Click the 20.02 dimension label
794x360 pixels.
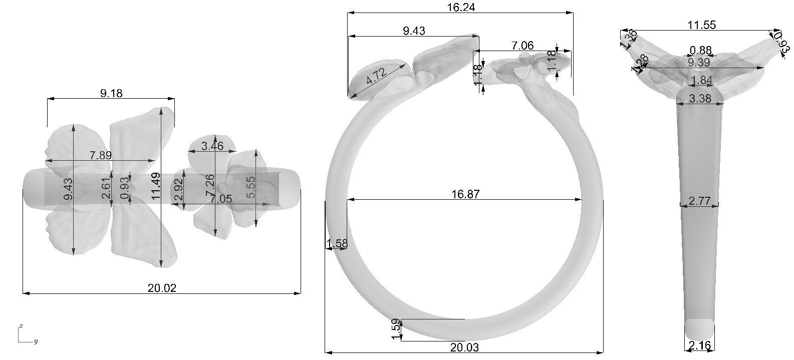point(162,288)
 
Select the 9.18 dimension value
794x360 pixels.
point(111,93)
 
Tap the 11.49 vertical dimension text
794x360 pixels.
point(156,186)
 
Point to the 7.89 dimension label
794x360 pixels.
point(101,155)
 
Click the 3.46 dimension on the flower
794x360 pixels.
point(212,146)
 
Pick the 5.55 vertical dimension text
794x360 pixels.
point(250,187)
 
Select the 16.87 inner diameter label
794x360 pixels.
point(465,194)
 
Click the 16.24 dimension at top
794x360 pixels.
point(461,7)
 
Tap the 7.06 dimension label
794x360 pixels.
point(522,46)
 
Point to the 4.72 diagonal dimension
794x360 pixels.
point(376,77)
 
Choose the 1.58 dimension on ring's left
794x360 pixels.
point(337,244)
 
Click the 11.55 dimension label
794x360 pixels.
point(701,25)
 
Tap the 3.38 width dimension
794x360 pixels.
point(700,99)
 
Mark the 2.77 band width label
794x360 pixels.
point(699,201)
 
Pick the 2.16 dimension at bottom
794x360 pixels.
point(699,345)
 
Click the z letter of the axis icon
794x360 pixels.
point(21,326)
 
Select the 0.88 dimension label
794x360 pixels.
point(700,50)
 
